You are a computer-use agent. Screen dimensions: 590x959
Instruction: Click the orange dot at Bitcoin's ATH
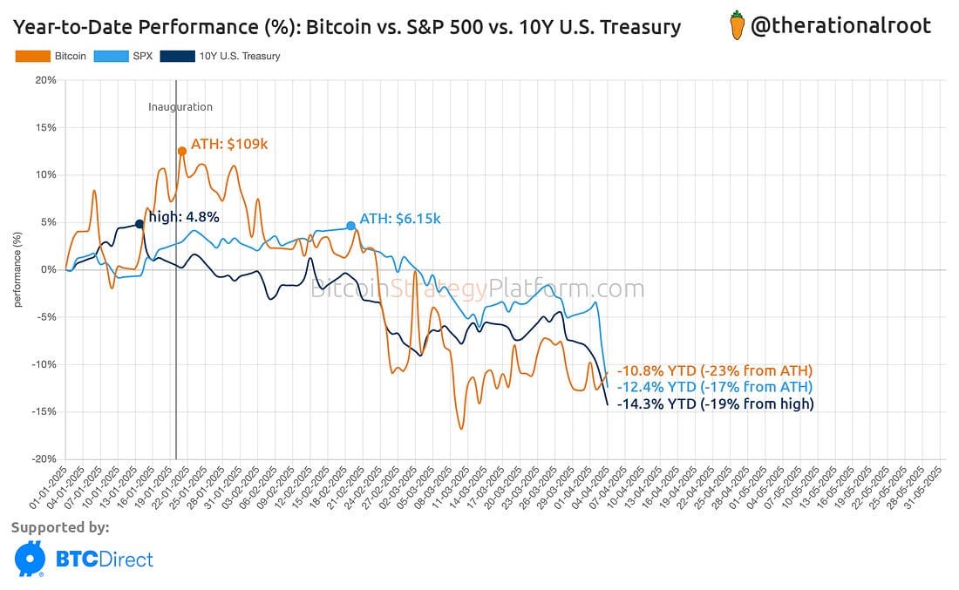pyautogui.click(x=182, y=151)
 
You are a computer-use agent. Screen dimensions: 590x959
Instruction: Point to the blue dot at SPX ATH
pyautogui.click(x=350, y=226)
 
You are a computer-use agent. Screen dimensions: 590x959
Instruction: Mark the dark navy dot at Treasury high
pyautogui.click(x=139, y=224)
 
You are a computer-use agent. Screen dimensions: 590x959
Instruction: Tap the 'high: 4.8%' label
pyautogui.click(x=183, y=217)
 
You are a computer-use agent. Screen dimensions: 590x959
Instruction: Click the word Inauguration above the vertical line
pyautogui.click(x=180, y=107)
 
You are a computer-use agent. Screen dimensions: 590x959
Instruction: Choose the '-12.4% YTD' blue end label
pyautogui.click(x=713, y=387)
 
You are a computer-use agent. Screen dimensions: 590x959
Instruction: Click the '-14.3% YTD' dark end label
pyautogui.click(x=715, y=404)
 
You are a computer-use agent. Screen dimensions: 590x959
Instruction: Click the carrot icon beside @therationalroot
pyautogui.click(x=737, y=26)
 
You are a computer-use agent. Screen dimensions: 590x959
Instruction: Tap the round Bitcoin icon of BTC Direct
pyautogui.click(x=30, y=559)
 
